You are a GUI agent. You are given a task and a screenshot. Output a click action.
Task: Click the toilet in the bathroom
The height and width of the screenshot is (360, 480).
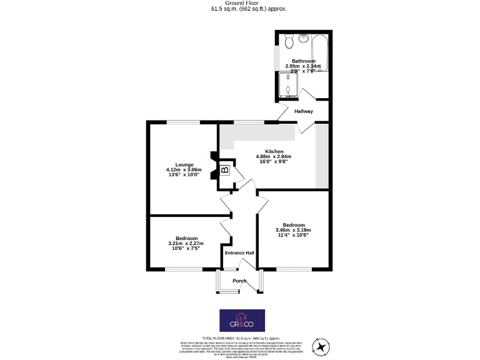289,42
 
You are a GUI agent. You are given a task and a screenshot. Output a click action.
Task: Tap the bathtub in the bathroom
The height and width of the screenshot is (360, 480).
320,53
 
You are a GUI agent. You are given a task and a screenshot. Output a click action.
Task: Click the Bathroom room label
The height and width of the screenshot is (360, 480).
303,61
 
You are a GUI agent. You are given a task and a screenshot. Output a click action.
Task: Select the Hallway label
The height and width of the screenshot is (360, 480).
304,111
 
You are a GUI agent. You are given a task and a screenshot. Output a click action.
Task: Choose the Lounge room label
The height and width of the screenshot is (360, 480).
184,165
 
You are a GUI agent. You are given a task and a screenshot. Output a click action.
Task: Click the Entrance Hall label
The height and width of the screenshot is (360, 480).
239,253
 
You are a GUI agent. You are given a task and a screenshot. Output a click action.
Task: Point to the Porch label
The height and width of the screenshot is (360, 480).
239,281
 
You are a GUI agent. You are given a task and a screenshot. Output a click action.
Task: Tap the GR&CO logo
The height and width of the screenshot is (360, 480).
241,320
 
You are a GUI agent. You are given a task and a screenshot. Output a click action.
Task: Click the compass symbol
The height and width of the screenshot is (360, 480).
321,346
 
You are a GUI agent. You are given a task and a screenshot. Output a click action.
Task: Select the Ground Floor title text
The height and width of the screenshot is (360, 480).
239,3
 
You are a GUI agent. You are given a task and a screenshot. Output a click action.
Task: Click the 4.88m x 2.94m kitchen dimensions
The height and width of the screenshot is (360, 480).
274,157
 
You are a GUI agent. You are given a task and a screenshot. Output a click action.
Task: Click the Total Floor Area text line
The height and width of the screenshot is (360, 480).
239,337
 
